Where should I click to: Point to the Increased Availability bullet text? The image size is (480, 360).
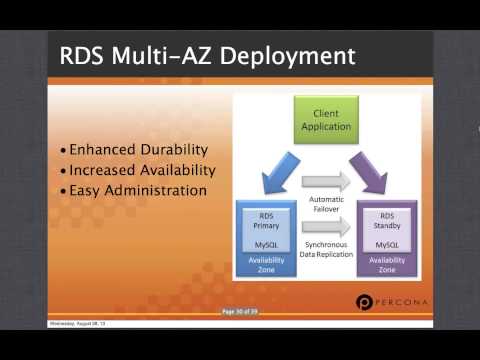point(139,170)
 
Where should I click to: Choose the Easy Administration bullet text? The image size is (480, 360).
point(137,190)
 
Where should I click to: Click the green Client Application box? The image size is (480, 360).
point(326,121)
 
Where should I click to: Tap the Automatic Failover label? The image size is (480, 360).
point(326,205)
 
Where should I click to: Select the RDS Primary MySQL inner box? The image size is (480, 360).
point(266,229)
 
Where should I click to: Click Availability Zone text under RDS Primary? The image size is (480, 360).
point(266,265)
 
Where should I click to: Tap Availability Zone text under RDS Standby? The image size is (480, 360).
point(386,265)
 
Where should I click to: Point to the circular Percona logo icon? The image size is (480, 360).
point(365,303)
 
